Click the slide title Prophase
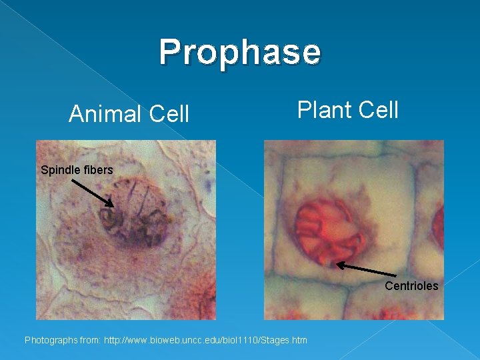coord(240,51)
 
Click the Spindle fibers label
coord(77,170)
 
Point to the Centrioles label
coord(411,286)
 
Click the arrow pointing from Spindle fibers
coord(92,192)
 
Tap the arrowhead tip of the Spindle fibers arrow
coord(113,206)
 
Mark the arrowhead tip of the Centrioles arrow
coord(337,265)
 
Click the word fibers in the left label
coord(97,170)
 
